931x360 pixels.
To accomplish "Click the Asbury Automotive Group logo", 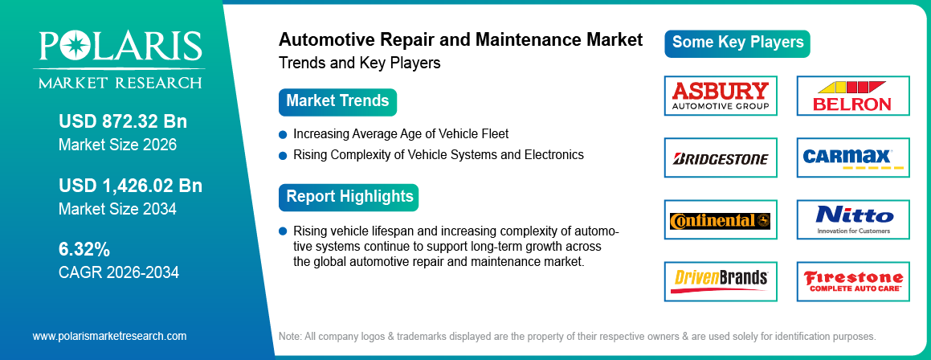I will point(721,96).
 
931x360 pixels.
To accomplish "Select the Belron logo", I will point(852,96).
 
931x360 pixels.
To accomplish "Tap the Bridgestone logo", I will point(721,158).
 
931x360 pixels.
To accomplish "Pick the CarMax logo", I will point(852,157).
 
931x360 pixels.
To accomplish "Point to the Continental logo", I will point(721,220).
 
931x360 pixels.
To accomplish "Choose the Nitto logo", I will point(852,219).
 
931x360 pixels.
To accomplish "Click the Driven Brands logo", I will point(721,280).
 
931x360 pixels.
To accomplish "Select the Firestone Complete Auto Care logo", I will point(852,280).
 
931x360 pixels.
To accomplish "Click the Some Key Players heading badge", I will point(737,43).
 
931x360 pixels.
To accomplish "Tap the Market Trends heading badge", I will point(337,102).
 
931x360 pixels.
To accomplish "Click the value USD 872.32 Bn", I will point(122,122).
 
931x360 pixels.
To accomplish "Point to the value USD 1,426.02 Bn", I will point(130,186).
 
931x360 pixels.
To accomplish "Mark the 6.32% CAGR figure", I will point(84,249).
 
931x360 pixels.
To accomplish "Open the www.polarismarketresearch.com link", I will point(109,336).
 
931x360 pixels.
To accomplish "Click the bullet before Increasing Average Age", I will point(283,134).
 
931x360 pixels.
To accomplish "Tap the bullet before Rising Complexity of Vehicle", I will point(283,154).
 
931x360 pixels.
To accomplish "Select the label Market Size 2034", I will point(117,209).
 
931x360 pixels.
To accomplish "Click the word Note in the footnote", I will point(290,336).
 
